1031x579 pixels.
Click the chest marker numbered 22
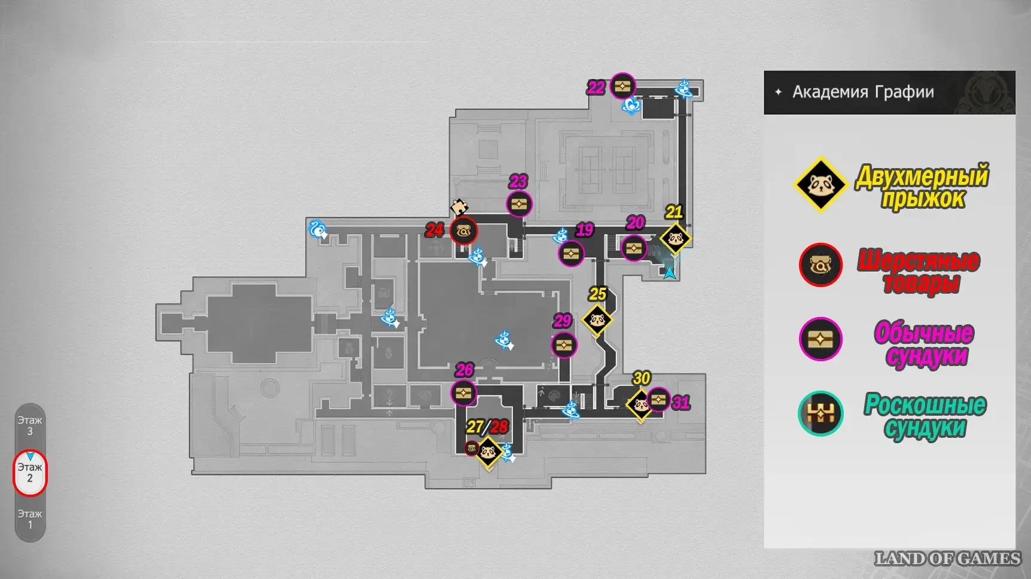pyautogui.click(x=623, y=87)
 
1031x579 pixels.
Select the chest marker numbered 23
pyautogui.click(x=519, y=204)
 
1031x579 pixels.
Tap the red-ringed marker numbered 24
pyautogui.click(x=463, y=231)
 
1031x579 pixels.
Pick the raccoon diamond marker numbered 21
pyautogui.click(x=676, y=239)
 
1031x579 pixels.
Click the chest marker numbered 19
pyautogui.click(x=571, y=254)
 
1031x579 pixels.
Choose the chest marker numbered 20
pyautogui.click(x=634, y=248)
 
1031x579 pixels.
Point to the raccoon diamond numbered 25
pyautogui.click(x=597, y=320)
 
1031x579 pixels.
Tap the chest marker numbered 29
pyautogui.click(x=564, y=345)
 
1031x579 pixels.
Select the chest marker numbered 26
pyautogui.click(x=463, y=393)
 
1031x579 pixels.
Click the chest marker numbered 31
pyautogui.click(x=658, y=400)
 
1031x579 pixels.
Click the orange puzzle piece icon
pyautogui.click(x=459, y=208)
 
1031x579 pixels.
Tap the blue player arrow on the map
pyautogui.click(x=670, y=273)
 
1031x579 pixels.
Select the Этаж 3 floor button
pyautogui.click(x=30, y=425)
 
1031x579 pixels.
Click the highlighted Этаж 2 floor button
pyautogui.click(x=30, y=473)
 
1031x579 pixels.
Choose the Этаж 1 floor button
pyautogui.click(x=30, y=519)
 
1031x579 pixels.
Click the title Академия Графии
pyautogui.click(x=863, y=92)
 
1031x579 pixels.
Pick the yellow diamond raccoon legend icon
pyautogui.click(x=820, y=184)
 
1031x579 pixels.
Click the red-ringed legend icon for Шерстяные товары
pyautogui.click(x=820, y=264)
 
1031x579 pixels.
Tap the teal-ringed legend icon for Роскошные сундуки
pyautogui.click(x=820, y=413)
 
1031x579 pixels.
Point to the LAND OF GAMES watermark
pyautogui.click(x=947, y=559)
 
